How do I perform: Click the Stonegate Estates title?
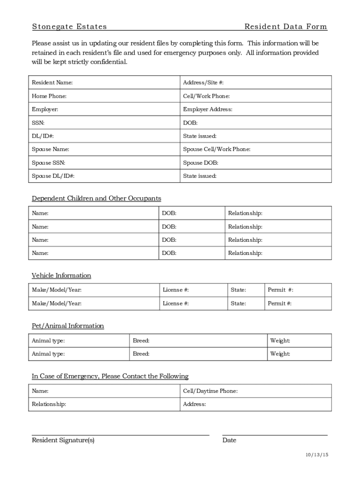click(x=69, y=27)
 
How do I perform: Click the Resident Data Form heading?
click(x=285, y=27)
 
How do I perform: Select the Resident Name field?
click(x=104, y=83)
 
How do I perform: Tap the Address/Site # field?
click(x=256, y=83)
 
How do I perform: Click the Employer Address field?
click(x=256, y=109)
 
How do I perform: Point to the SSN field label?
click(x=38, y=123)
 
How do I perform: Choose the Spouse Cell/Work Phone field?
click(x=256, y=149)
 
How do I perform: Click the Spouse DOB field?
click(x=256, y=163)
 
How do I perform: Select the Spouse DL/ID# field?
click(x=104, y=176)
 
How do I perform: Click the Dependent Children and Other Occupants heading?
click(x=96, y=198)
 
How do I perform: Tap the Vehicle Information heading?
click(x=61, y=276)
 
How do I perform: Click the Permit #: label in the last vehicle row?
click(x=280, y=304)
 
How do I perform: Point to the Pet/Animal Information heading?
click(x=68, y=326)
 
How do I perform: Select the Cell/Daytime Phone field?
click(x=256, y=391)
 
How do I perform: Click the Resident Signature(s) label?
click(x=63, y=440)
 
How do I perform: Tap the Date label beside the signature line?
click(x=229, y=440)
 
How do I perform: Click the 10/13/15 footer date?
click(x=317, y=455)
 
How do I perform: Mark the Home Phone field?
click(x=104, y=96)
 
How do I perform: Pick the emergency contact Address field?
click(x=256, y=404)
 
